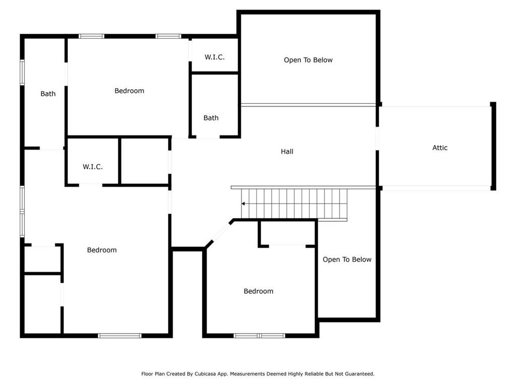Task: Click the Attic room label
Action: [x=439, y=148]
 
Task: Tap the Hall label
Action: [x=287, y=151]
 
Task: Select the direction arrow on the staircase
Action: [x=243, y=204]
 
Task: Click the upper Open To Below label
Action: [x=308, y=60]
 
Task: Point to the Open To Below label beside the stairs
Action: [x=347, y=260]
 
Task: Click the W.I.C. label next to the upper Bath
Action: [x=215, y=57]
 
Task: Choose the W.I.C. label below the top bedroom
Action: [x=93, y=166]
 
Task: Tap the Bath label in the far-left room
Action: [x=48, y=94]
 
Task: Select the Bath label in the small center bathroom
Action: [x=211, y=118]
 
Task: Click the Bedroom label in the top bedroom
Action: [x=130, y=91]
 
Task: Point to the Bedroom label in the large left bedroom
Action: [x=102, y=250]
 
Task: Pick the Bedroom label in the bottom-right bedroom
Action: [x=259, y=291]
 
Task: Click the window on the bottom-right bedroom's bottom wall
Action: [x=260, y=336]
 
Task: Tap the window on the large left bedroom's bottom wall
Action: [x=120, y=336]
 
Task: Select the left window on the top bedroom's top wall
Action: [x=92, y=36]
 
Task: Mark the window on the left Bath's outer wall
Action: [x=22, y=73]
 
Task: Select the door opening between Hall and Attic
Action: [x=377, y=138]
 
